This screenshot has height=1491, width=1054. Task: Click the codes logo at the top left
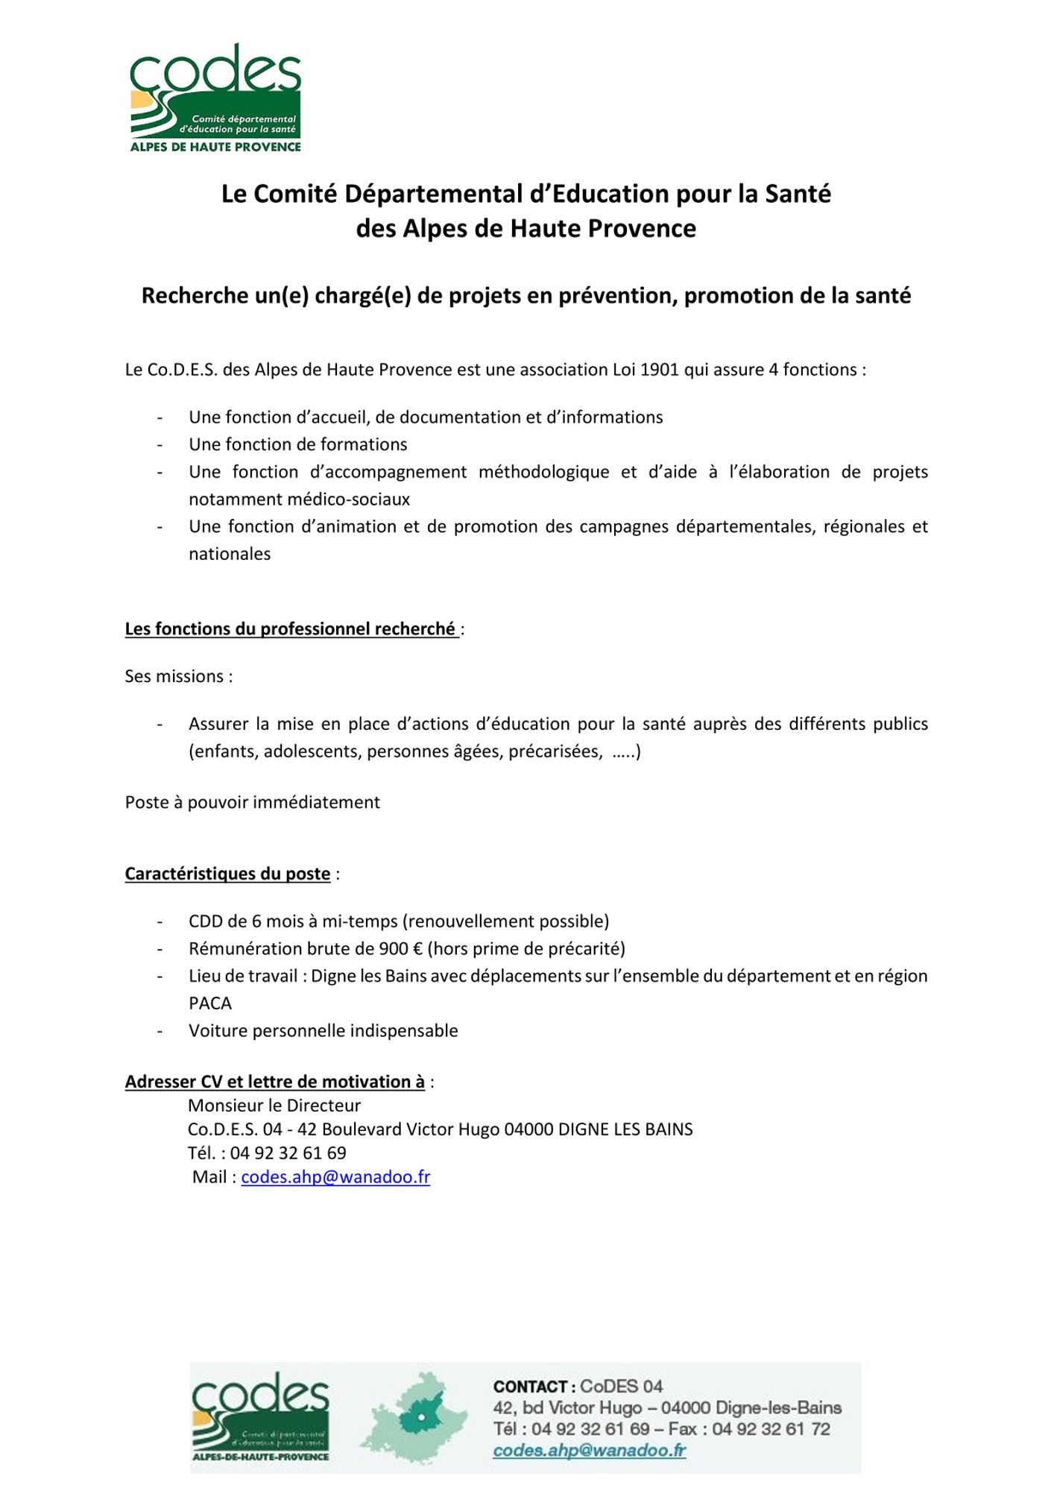pyautogui.click(x=215, y=98)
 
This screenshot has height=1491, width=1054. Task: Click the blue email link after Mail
pyautogui.click(x=335, y=1176)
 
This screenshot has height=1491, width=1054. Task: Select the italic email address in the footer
pyautogui.click(x=589, y=1450)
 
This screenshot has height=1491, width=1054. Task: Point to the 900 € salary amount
pyautogui.click(x=401, y=948)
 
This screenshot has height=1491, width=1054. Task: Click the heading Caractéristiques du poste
pyautogui.click(x=227, y=874)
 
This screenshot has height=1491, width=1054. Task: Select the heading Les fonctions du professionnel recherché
pyautogui.click(x=291, y=629)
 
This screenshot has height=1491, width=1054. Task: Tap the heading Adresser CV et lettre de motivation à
pyautogui.click(x=274, y=1082)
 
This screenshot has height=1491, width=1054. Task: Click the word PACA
pyautogui.click(x=210, y=1003)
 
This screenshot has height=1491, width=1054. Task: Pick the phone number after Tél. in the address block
pyautogui.click(x=288, y=1153)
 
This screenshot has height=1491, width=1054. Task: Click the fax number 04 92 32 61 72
pyautogui.click(x=771, y=1428)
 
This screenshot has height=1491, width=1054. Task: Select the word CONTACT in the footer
pyautogui.click(x=530, y=1387)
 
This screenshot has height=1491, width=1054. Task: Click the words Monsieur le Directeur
pyautogui.click(x=274, y=1105)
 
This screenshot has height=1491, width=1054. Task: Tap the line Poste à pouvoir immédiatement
pyautogui.click(x=253, y=802)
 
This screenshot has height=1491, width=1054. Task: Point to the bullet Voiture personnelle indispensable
pyautogui.click(x=324, y=1031)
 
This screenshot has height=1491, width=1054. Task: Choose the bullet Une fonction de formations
pyautogui.click(x=298, y=444)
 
